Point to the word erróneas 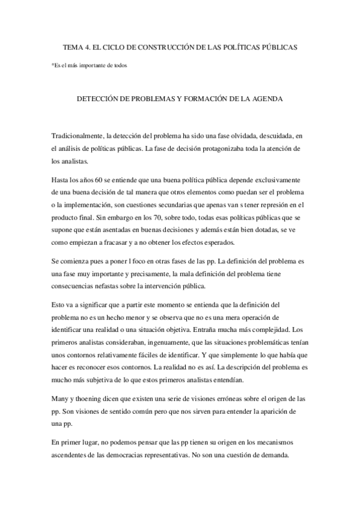click(x=208, y=398)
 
